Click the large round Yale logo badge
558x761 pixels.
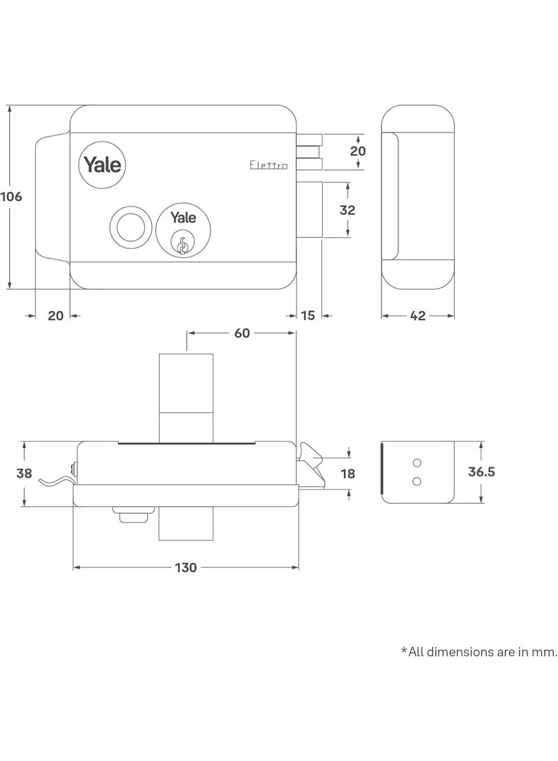coord(103,165)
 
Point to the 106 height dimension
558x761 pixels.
coord(11,197)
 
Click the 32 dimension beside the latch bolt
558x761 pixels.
coord(347,210)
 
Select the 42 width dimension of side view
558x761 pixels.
coord(417,316)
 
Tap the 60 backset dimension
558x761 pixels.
coord(241,333)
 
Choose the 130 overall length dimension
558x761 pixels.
coord(186,568)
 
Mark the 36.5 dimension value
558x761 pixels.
coord(481,472)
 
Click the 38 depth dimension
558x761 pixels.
coord(24,474)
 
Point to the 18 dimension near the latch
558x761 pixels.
coord(347,474)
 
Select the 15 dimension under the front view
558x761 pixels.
coord(308,316)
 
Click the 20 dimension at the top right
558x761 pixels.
coord(358,151)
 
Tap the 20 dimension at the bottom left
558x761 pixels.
coord(56,316)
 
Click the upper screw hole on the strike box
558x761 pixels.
coord(417,463)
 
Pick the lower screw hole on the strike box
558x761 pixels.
coord(417,480)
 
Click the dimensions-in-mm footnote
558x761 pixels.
coord(479,652)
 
